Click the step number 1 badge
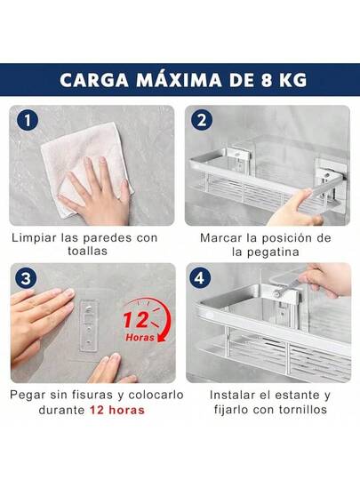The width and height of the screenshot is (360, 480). click(28, 120)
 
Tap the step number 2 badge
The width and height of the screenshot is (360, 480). click(202, 120)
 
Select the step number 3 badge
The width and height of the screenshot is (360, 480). click(26, 278)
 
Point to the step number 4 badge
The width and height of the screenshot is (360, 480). click(200, 278)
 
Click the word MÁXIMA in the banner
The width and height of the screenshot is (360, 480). click(179, 79)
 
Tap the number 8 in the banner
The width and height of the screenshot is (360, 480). click(267, 80)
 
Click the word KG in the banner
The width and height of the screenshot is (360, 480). click(292, 80)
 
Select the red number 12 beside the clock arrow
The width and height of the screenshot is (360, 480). click(136, 320)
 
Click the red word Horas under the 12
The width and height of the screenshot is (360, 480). click(140, 338)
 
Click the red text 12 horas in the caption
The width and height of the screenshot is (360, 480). click(117, 410)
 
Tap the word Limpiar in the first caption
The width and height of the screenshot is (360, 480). click(34, 238)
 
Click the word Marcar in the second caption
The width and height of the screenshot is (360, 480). click(219, 238)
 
